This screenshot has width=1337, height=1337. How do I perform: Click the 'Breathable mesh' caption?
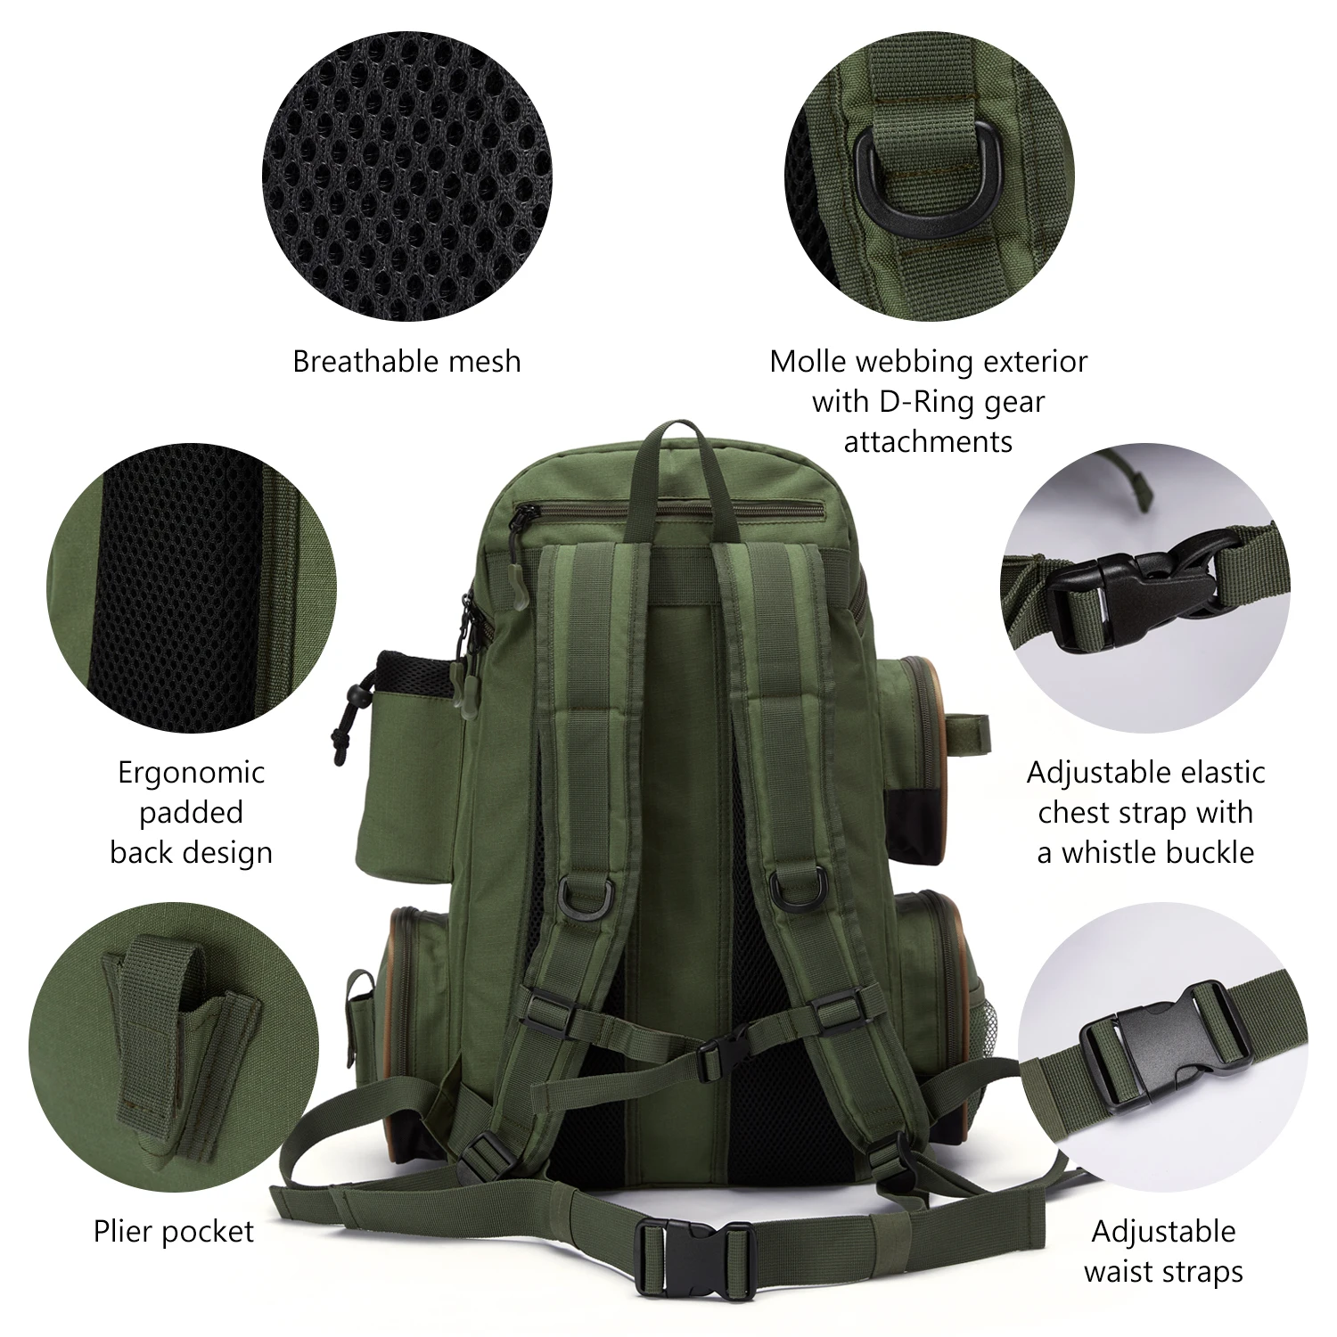tap(406, 362)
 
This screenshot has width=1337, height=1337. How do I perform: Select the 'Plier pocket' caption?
tap(174, 1232)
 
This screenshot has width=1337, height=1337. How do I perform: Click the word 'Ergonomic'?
tap(192, 772)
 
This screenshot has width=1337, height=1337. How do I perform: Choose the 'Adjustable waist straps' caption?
tap(1163, 1251)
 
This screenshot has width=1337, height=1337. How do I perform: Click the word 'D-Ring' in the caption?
tap(928, 401)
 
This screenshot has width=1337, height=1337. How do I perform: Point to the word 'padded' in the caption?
tap(192, 812)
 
